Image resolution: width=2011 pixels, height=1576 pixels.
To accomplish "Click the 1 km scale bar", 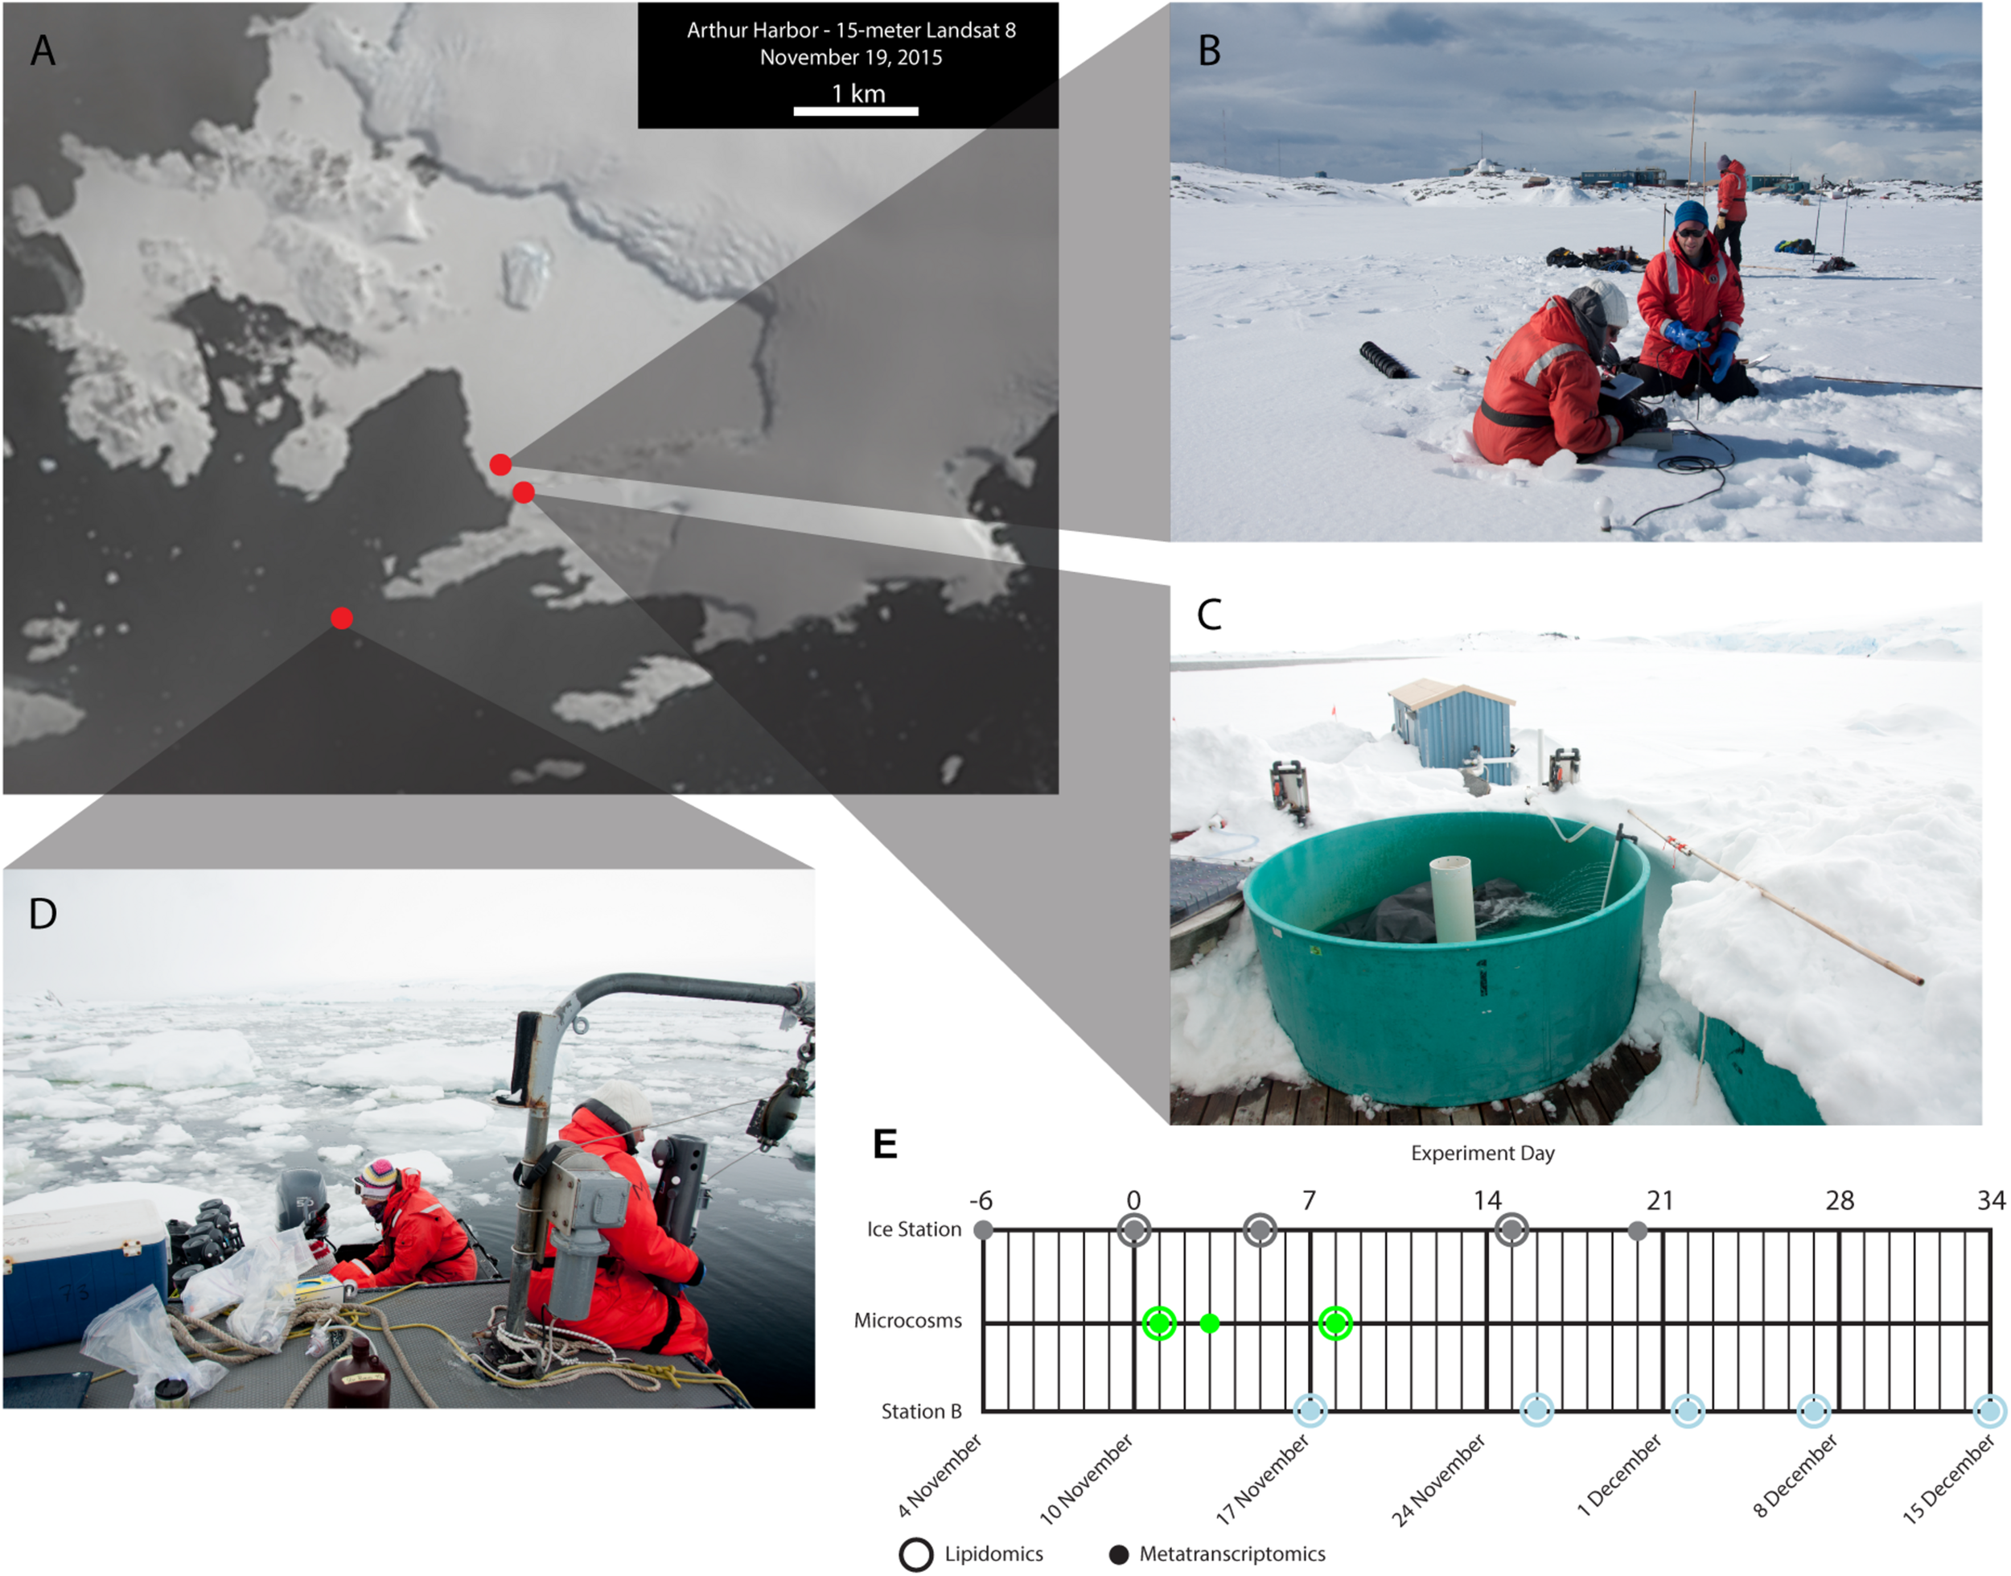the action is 855,111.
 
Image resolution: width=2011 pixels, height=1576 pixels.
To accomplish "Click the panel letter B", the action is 1209,51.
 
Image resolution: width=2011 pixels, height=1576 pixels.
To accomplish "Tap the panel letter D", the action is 43,913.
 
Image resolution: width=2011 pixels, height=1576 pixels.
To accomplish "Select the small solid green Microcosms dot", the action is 1209,1323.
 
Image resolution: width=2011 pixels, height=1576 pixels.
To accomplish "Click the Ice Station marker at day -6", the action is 983,1230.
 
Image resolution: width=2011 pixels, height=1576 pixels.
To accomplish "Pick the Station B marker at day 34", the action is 1990,1411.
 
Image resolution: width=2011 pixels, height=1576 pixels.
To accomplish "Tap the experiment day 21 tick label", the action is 1660,1200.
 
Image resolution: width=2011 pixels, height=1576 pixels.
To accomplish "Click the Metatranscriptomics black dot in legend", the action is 1119,1555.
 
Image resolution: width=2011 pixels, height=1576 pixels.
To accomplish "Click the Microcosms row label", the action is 907,1320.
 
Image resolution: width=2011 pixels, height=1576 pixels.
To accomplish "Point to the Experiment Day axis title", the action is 1483,1154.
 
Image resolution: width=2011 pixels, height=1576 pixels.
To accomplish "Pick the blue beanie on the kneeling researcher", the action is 1691,214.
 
